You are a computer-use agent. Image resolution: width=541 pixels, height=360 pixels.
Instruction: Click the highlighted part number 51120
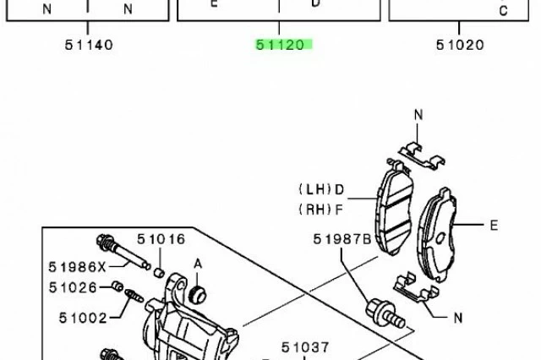click(280, 45)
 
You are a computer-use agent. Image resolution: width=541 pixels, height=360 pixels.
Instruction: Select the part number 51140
click(89, 45)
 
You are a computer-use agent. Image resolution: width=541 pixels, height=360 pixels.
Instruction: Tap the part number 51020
click(460, 45)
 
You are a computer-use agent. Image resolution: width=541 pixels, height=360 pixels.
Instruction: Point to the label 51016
click(161, 239)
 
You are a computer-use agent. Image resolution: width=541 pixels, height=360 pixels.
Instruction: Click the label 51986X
click(77, 267)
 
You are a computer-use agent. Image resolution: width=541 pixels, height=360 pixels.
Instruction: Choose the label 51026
click(73, 287)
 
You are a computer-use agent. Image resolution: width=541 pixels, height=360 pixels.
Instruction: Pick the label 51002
click(83, 318)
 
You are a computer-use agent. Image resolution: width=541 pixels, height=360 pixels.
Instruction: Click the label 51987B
click(342, 239)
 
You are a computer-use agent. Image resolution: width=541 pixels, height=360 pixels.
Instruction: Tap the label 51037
click(306, 347)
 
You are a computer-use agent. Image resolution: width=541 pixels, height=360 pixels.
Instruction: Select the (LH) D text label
click(321, 189)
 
